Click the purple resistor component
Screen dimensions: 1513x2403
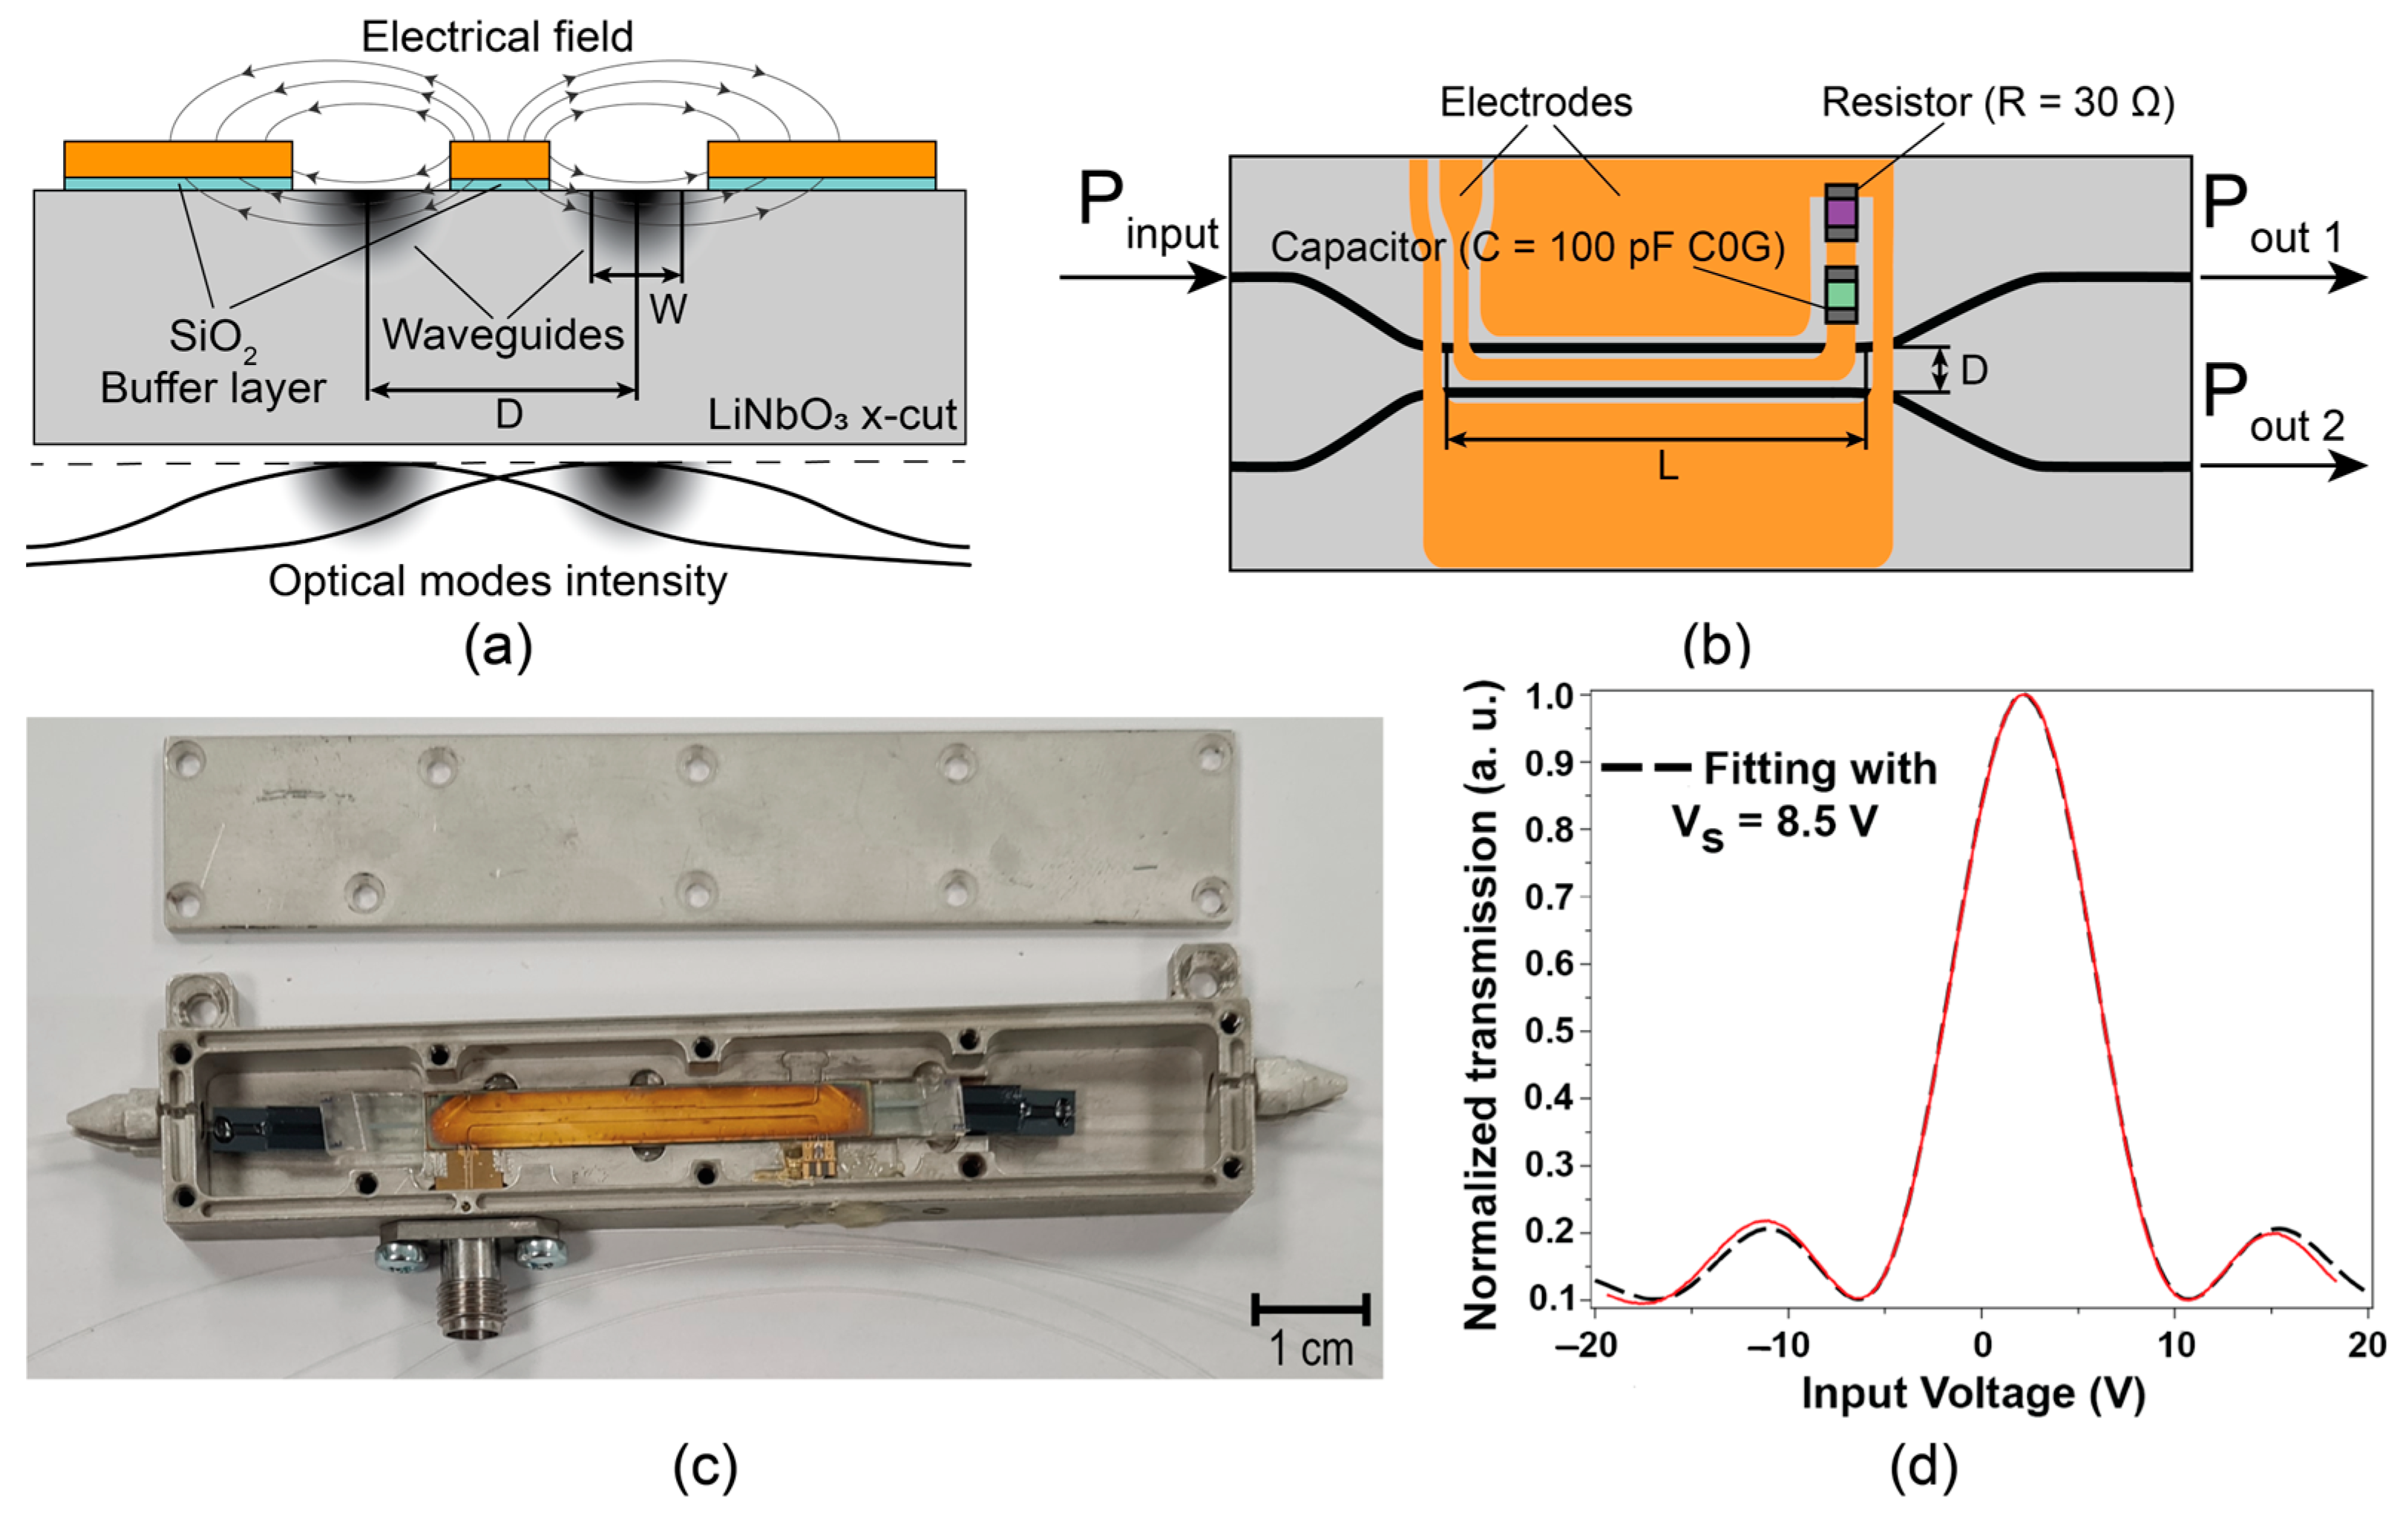click(1841, 212)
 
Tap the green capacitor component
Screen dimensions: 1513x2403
click(1841, 295)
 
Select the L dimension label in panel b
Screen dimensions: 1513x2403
click(1668, 465)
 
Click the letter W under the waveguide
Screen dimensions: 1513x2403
click(668, 310)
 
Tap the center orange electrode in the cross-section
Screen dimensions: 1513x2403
click(499, 160)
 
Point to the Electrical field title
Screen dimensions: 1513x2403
click(497, 37)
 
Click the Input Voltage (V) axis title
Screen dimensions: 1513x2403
click(1972, 1394)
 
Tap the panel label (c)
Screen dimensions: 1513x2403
click(704, 1466)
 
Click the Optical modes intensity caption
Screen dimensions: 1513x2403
click(497, 581)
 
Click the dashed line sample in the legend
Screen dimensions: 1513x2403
click(1645, 769)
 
